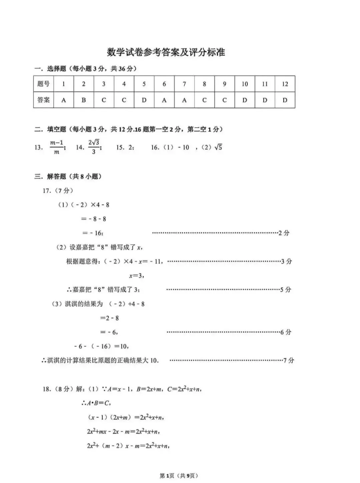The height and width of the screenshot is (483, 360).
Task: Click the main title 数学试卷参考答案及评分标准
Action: tap(166, 52)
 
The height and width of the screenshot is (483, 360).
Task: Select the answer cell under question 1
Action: tap(64, 100)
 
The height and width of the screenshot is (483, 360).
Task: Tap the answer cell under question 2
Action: tap(84, 100)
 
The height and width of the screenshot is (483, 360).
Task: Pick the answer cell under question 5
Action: tap(144, 100)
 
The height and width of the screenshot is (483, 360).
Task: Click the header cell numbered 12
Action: tap(285, 84)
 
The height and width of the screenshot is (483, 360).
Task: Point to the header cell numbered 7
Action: tap(184, 84)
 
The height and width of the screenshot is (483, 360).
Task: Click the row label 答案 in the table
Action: tap(44, 100)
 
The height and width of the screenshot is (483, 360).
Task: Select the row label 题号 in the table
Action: tap(44, 84)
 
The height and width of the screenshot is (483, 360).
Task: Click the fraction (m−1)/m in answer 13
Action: tap(57, 147)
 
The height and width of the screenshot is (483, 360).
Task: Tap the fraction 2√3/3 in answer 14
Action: tap(94, 147)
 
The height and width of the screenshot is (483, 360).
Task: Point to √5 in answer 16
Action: tap(218, 147)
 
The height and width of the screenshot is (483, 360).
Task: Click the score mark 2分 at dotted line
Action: tap(284, 233)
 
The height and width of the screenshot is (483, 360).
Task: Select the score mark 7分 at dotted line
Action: tap(289, 360)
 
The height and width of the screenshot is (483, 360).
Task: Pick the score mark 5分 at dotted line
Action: tap(285, 290)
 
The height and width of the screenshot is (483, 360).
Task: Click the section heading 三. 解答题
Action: tap(68, 176)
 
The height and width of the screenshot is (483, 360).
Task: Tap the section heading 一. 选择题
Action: tap(85, 69)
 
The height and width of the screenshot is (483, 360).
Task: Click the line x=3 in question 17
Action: tap(137, 276)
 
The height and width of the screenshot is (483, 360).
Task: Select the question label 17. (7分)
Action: tap(58, 191)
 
